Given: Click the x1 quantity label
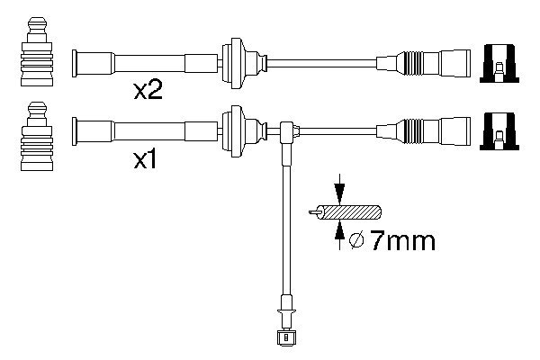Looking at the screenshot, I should (x=147, y=161).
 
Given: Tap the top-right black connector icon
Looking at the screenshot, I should (x=498, y=62).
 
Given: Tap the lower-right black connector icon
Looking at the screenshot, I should (x=498, y=130).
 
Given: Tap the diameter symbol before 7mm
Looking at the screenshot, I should (x=355, y=240).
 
